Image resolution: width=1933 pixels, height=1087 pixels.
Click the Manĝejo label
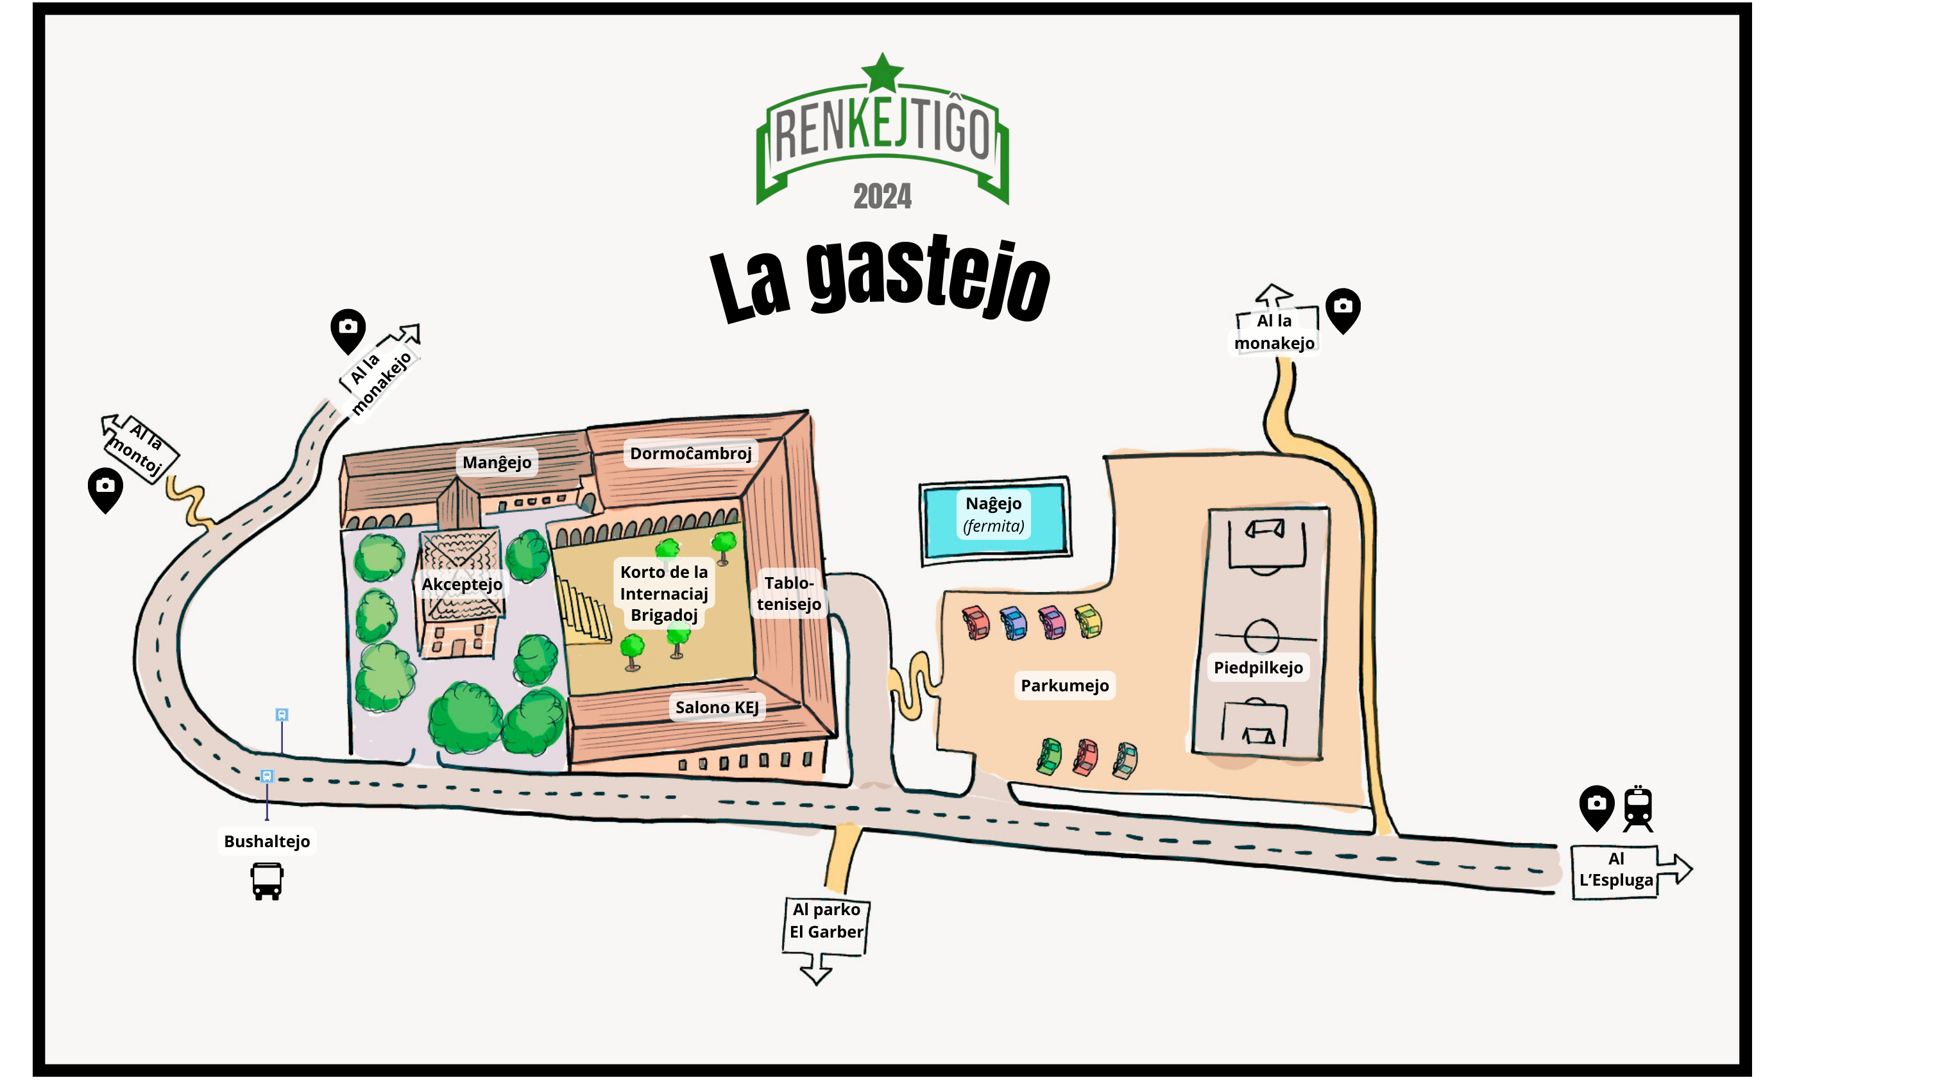pyautogui.click(x=497, y=462)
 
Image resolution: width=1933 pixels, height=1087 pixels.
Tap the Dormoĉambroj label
pyautogui.click(x=690, y=453)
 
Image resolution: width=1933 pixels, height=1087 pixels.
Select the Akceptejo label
pyautogui.click(x=461, y=584)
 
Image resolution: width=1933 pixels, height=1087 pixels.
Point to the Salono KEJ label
pyautogui.click(x=717, y=707)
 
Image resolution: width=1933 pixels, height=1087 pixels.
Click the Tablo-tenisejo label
pyautogui.click(x=788, y=593)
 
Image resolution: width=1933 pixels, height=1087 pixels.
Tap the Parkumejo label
pyautogui.click(x=1064, y=685)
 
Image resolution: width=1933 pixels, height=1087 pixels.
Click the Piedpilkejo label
pyautogui.click(x=1258, y=667)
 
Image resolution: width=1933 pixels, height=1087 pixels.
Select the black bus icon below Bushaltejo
pyautogui.click(x=267, y=881)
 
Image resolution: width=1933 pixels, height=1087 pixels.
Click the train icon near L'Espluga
pyautogui.click(x=1638, y=809)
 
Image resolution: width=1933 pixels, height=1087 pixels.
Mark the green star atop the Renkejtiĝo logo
pyautogui.click(x=883, y=72)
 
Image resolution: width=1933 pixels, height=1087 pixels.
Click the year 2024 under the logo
pyautogui.click(x=883, y=196)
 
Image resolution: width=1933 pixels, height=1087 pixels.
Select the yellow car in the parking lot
pyautogui.click(x=1089, y=621)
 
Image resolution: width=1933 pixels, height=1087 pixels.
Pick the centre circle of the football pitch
pyautogui.click(x=1261, y=636)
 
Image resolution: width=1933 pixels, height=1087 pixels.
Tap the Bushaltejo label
pyautogui.click(x=266, y=841)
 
